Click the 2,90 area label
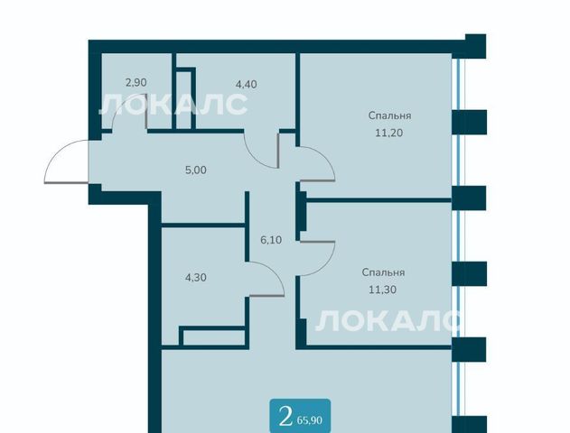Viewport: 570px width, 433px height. pyautogui.click(x=136, y=83)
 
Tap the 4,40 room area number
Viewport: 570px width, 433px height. pyautogui.click(x=246, y=85)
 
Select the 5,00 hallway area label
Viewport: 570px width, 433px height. pyautogui.click(x=196, y=170)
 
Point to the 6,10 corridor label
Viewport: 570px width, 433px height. pyautogui.click(x=271, y=240)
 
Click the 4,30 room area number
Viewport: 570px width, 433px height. pyautogui.click(x=196, y=278)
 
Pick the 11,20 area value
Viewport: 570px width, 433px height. pyautogui.click(x=389, y=133)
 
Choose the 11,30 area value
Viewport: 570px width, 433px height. pyautogui.click(x=382, y=290)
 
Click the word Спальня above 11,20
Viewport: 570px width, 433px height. pyautogui.click(x=389, y=115)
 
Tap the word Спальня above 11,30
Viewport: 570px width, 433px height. pyautogui.click(x=384, y=272)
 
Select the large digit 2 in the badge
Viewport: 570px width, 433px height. pyautogui.click(x=285, y=418)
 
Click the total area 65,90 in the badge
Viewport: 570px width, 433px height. pyautogui.click(x=309, y=420)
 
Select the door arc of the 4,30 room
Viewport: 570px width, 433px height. pyautogui.click(x=274, y=272)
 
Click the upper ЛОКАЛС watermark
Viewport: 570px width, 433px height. pyautogui.click(x=173, y=104)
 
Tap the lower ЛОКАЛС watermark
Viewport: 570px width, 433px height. pyautogui.click(x=388, y=320)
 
